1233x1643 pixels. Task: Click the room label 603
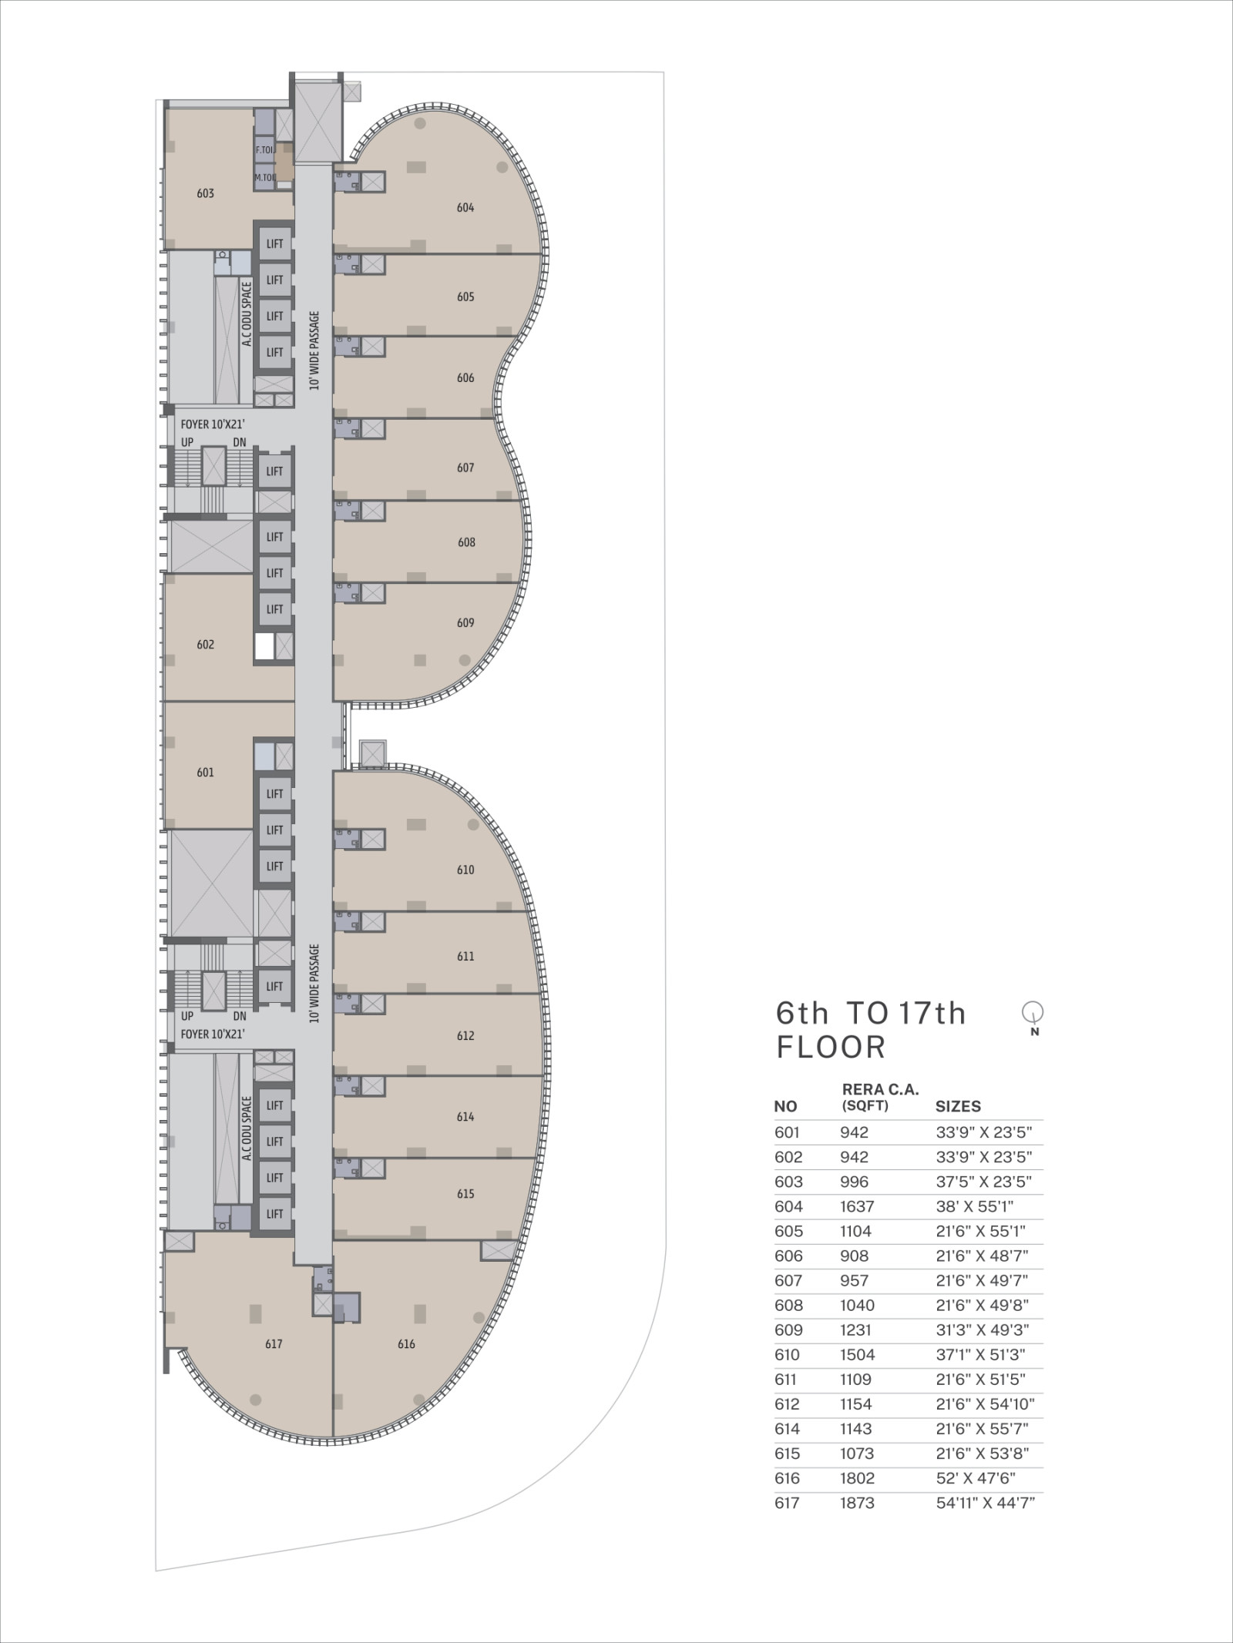(x=205, y=194)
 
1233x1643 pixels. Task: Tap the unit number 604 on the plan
(x=465, y=208)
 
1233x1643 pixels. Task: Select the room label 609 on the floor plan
(x=465, y=623)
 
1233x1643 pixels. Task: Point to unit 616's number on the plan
(x=406, y=1345)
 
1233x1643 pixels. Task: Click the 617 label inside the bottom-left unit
(x=274, y=1345)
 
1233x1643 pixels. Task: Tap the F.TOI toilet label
(x=264, y=150)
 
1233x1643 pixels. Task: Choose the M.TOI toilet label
(x=265, y=178)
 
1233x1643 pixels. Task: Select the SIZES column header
(x=958, y=1107)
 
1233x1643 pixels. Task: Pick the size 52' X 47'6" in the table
(x=976, y=1479)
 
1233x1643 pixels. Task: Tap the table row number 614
(x=788, y=1429)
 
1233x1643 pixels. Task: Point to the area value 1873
(x=858, y=1504)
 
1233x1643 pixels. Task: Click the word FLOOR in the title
(x=831, y=1048)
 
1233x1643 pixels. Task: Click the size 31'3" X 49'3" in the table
(x=983, y=1330)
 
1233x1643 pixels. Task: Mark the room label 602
(x=205, y=645)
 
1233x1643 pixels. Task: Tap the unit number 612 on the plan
(x=465, y=1037)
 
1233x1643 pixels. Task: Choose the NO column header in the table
(x=785, y=1107)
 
